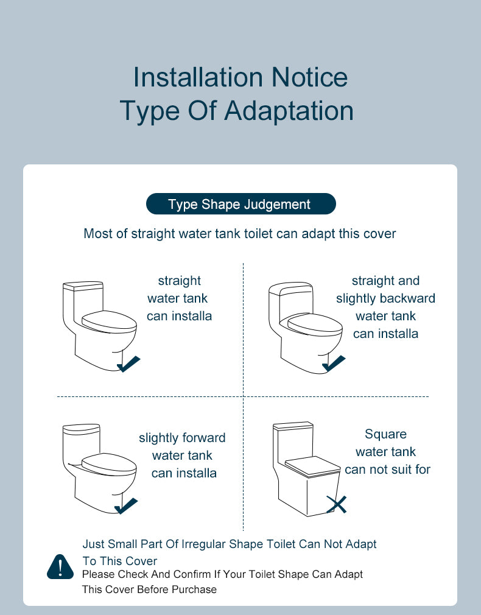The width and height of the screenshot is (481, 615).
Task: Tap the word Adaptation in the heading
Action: pyautogui.click(x=289, y=110)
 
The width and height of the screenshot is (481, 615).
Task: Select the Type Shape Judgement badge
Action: pyautogui.click(x=241, y=204)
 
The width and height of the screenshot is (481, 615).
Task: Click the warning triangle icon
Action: pyautogui.click(x=60, y=566)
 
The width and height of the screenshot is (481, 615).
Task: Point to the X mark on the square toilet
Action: pyautogui.click(x=337, y=504)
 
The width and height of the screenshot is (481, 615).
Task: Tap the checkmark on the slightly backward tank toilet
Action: pyautogui.click(x=334, y=363)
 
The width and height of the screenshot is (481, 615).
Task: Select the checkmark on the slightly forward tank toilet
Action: pyautogui.click(x=126, y=506)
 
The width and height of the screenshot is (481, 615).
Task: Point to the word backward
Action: pyautogui.click(x=411, y=298)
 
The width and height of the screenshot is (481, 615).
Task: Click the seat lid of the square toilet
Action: pyautogui.click(x=313, y=466)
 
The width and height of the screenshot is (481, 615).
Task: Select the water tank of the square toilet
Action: pyautogui.click(x=294, y=443)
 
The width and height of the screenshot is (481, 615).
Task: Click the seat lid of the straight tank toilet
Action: pyautogui.click(x=109, y=322)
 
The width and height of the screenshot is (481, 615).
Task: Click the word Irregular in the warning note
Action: pyautogui.click(x=204, y=544)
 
